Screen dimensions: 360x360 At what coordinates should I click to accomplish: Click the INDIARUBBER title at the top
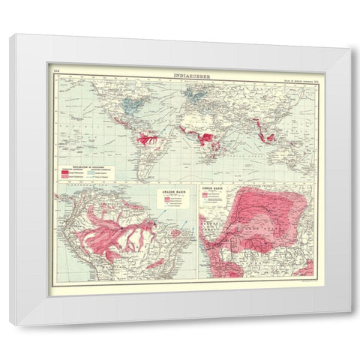coord(180,74)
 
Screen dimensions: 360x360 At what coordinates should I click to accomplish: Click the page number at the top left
coord(54,73)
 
